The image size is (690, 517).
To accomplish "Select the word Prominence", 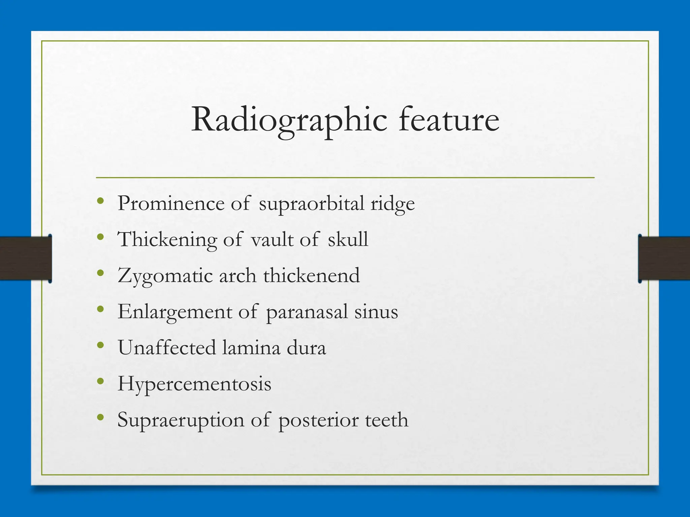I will [171, 203].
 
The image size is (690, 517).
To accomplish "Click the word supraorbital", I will [311, 204].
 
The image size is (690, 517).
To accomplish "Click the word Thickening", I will [167, 240].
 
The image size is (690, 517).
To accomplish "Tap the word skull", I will [348, 239].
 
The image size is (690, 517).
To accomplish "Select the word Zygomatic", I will [165, 276].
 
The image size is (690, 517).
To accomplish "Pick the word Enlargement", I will [175, 312].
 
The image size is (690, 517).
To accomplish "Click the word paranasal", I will [307, 312].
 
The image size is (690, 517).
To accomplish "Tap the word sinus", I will [376, 312].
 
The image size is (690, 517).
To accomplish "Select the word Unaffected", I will [166, 348].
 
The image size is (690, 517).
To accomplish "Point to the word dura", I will [306, 348].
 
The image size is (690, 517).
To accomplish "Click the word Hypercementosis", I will [194, 384].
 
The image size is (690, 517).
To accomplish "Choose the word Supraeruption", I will [181, 420].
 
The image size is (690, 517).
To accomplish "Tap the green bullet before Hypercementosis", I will [100, 381].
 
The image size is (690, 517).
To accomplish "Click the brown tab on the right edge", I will [664, 258].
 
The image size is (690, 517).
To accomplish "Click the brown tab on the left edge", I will [26, 258].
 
